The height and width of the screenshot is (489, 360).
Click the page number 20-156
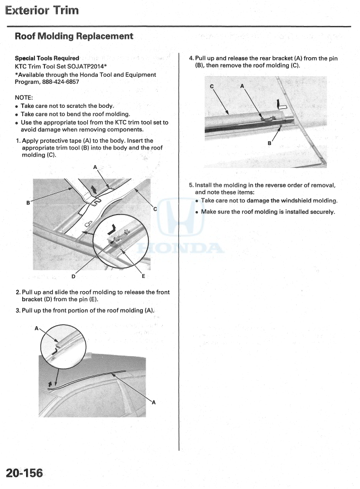[x=24, y=473]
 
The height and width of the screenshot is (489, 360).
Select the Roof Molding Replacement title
[x=74, y=37]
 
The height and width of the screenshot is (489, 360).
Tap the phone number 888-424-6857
[x=61, y=82]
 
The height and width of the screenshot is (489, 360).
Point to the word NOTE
[x=24, y=97]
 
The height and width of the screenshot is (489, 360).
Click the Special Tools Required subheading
[x=47, y=58]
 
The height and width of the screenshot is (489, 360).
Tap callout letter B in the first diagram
[x=28, y=203]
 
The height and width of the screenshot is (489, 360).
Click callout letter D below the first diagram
[x=73, y=276]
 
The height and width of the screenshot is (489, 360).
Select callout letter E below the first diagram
[x=143, y=276]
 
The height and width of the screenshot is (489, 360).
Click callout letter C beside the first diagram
[x=155, y=209]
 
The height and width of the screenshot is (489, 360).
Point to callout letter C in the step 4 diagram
[x=212, y=87]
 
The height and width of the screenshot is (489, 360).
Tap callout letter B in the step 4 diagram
[x=269, y=143]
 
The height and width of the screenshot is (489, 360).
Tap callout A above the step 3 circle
[x=37, y=328]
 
